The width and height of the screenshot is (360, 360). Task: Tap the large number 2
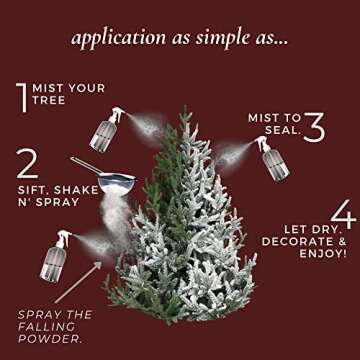coord(28,163)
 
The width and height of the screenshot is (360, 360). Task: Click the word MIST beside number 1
coord(49,89)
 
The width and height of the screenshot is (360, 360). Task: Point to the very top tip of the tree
coord(184,108)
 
